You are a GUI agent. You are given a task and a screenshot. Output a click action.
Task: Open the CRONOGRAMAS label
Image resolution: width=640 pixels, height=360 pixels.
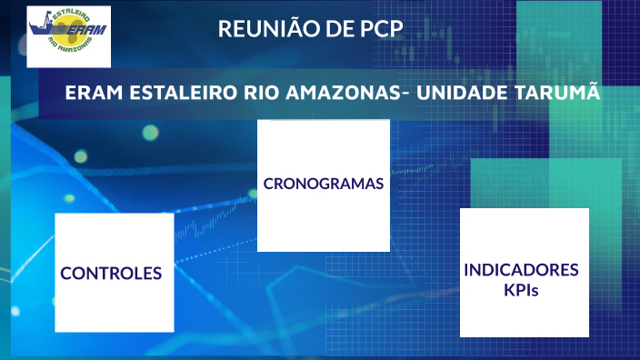click(x=324, y=184)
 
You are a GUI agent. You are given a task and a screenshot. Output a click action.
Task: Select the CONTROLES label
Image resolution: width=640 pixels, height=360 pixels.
click(x=112, y=273)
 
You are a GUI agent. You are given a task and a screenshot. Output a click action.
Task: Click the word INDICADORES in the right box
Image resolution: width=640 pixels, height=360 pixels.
click(x=522, y=270)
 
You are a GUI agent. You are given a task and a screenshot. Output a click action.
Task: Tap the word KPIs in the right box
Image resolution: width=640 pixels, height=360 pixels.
click(x=522, y=290)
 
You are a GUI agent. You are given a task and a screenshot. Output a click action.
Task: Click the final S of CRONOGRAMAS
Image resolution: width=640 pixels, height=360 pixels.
click(x=379, y=184)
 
